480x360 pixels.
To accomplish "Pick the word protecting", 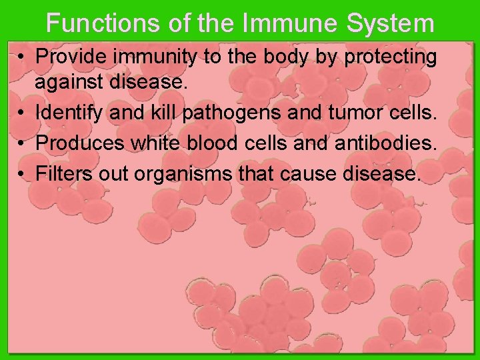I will (x=391, y=57).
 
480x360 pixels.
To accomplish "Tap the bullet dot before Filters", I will (x=22, y=175).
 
